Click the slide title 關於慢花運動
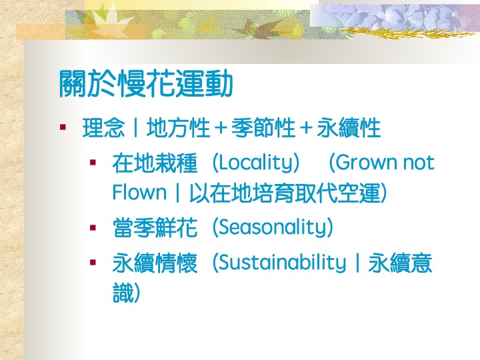tap(146, 83)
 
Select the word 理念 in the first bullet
tap(103, 127)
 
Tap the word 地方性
tap(178, 127)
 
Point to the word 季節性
tap(263, 127)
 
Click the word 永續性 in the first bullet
tap(349, 127)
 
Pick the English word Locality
tap(255, 163)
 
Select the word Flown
tap(139, 193)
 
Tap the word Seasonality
tap(273, 227)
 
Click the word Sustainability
tap(282, 263)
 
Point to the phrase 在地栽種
tap(155, 163)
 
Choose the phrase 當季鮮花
tap(155, 227)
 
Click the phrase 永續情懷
tap(155, 263)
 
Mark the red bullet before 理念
tap(63, 127)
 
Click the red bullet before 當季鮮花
tap(93, 227)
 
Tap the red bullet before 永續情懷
tap(93, 263)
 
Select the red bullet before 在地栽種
tap(93, 162)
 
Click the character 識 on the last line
tap(123, 293)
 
